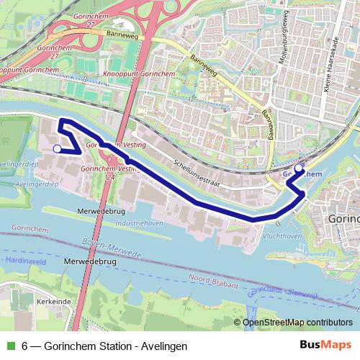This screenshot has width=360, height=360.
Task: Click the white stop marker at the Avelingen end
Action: point(58,148)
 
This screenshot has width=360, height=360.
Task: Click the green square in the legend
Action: point(9,346)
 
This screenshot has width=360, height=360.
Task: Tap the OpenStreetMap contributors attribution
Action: point(296,323)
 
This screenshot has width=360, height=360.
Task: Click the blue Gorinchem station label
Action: point(302,174)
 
